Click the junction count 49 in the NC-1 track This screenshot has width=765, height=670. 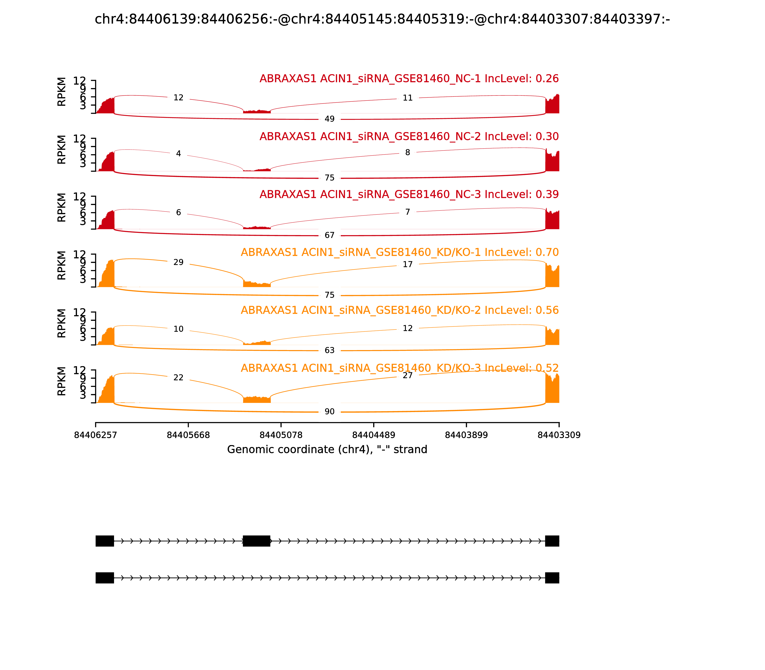[329, 119]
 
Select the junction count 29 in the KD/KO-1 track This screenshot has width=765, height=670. [179, 262]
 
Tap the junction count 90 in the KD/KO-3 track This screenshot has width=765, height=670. [329, 412]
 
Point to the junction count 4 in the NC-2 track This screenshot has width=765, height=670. [179, 154]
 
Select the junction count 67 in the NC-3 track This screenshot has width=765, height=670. [329, 235]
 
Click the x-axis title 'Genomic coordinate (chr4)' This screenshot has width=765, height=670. [327, 449]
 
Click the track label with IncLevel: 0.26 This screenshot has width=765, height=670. [409, 78]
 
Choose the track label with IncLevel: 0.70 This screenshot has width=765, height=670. [400, 252]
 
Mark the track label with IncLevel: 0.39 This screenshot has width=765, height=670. [409, 194]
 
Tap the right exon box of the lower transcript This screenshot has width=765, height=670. [552, 578]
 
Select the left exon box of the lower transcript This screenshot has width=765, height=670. [105, 578]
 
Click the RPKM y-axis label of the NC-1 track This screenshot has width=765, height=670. [62, 92]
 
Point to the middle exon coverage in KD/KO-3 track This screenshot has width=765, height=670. [257, 400]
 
